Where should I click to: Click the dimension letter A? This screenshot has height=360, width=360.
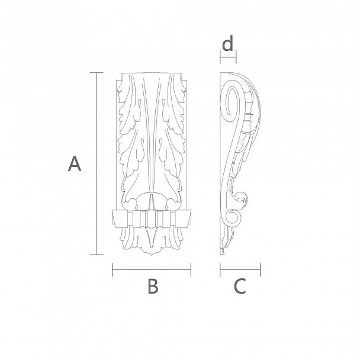(75, 163)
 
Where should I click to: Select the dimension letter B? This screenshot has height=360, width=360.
(153, 286)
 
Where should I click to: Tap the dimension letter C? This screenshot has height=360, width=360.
(240, 286)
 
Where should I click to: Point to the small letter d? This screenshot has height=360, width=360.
(228, 43)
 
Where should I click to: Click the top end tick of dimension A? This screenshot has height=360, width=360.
(96, 73)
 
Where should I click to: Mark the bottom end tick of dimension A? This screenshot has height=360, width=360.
(96, 255)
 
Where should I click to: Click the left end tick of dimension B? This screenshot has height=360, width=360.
(112, 270)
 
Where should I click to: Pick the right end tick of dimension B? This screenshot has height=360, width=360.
(191, 270)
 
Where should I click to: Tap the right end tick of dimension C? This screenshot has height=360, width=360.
(260, 270)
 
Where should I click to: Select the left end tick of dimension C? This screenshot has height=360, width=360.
(220, 270)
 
